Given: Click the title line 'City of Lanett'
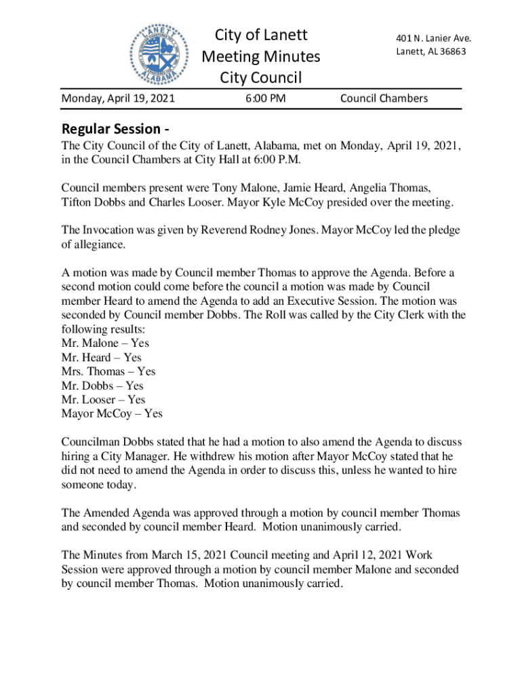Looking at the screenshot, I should pos(261,35).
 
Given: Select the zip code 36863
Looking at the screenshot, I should pos(451,52).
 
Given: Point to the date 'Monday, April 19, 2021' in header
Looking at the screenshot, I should pos(119,98).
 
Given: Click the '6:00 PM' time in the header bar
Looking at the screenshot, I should pos(265,98).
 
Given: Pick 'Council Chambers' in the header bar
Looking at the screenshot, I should pos(384,98).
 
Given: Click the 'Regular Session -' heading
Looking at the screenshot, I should pos(115,128).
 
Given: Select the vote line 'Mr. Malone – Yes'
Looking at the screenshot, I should pos(105,343).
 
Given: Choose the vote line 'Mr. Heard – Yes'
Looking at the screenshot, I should pos(102,357).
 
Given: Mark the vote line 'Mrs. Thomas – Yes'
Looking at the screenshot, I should pos(108,371).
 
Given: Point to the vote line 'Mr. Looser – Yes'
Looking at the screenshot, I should pos(104,400).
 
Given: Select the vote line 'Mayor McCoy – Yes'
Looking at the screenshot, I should pos(112,413).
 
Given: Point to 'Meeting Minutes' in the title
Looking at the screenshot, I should pos(261,56).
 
